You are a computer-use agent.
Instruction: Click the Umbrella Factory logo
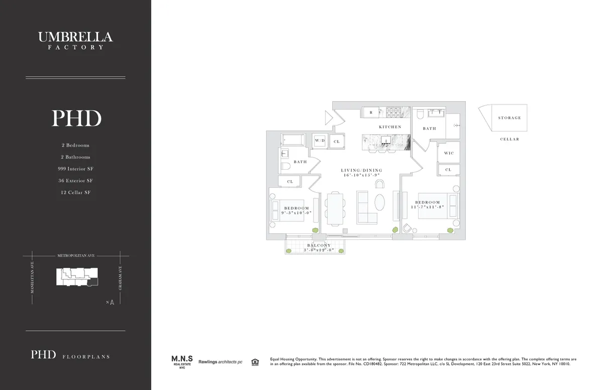coord(75,40)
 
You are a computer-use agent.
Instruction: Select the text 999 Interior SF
coord(75,169)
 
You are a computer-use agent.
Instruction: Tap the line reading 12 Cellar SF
coord(75,192)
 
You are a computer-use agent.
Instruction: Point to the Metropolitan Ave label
coord(75,255)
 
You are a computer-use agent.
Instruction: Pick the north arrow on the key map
coord(112,302)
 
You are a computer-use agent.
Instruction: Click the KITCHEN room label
coord(390,127)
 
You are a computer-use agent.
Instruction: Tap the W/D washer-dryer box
coord(320,141)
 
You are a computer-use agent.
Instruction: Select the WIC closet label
coord(449,153)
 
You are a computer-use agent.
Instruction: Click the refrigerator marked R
coord(371,112)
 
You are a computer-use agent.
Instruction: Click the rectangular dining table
coord(335,208)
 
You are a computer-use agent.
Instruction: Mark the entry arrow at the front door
coord(329,118)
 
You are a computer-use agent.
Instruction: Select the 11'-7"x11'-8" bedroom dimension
coord(428,207)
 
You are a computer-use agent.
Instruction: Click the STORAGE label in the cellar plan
coord(510,118)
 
